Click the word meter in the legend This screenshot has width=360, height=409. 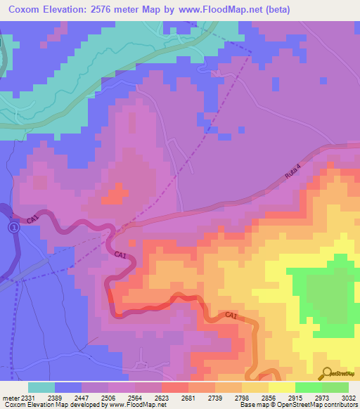(x=10, y=397)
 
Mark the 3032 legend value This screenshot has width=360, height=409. (x=349, y=397)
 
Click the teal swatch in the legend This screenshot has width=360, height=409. (x=41, y=387)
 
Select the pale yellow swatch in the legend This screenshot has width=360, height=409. (x=282, y=387)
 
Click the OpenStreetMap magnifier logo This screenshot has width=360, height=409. (x=327, y=373)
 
